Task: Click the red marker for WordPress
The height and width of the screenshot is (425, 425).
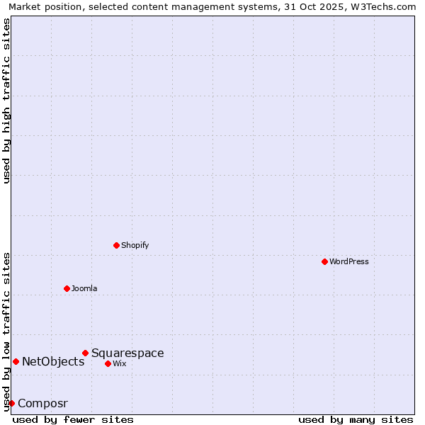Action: pyautogui.click(x=324, y=261)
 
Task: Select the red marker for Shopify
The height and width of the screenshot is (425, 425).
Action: pyautogui.click(x=117, y=245)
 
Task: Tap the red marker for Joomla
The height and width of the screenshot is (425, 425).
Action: pyautogui.click(x=67, y=288)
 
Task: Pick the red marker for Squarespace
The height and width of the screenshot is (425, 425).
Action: pyautogui.click(x=86, y=353)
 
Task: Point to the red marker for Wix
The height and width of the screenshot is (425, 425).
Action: pyautogui.click(x=108, y=363)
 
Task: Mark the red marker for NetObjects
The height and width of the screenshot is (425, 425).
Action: pyautogui.click(x=16, y=361)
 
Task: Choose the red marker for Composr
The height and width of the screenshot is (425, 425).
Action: pyautogui.click(x=11, y=403)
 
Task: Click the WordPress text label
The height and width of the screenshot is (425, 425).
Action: pyautogui.click(x=349, y=261)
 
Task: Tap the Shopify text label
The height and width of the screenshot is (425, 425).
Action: pyautogui.click(x=135, y=245)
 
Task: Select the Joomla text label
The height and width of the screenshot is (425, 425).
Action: pyautogui.click(x=84, y=288)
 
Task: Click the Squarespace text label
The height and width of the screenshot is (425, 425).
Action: pyautogui.click(x=127, y=353)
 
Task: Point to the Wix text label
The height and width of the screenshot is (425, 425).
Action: pyautogui.click(x=120, y=363)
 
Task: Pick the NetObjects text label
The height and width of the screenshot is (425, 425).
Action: pyautogui.click(x=53, y=361)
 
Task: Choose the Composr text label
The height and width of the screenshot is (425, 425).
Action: pyautogui.click(x=42, y=403)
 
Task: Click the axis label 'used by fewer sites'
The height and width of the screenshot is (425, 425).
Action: pyautogui.click(x=73, y=419)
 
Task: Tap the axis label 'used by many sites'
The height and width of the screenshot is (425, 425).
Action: pyautogui.click(x=356, y=419)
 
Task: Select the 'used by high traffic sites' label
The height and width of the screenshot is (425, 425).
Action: pyautogui.click(x=6, y=101)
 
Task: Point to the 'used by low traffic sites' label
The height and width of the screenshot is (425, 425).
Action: pyautogui.click(x=6, y=331)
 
